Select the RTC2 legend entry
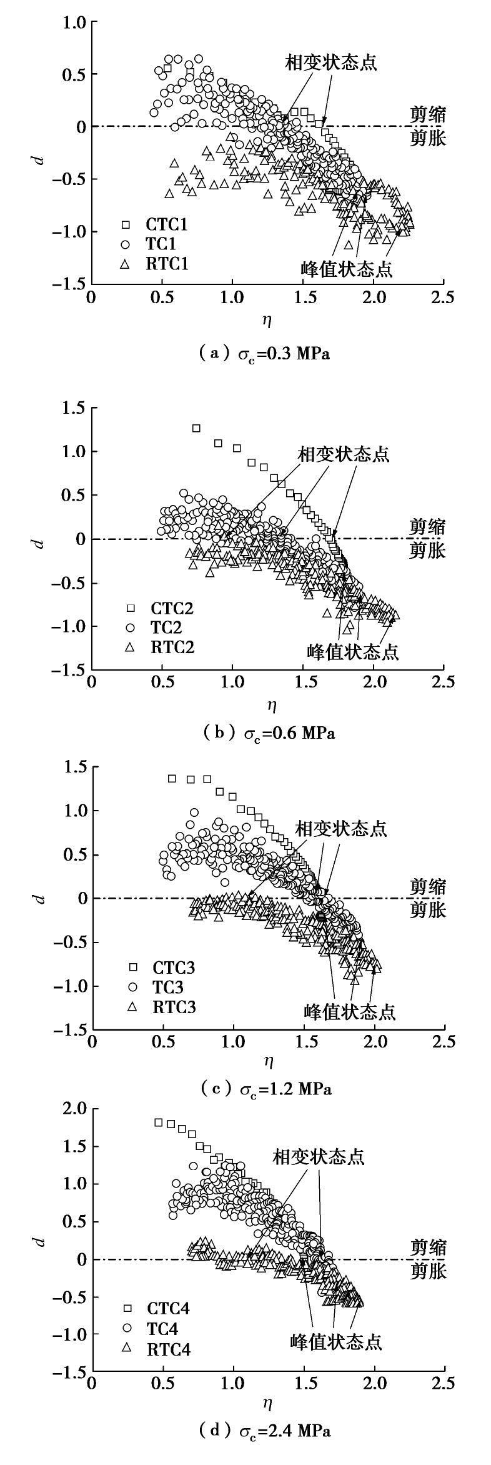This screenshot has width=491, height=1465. coord(160,647)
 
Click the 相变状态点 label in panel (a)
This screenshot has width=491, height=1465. coord(331,63)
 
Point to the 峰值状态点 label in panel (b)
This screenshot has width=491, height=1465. coord(353,652)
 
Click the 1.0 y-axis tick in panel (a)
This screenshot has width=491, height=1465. coord(74,22)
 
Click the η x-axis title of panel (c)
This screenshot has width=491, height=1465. coord(269,1060)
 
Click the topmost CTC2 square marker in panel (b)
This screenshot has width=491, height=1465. coord(196,428)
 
